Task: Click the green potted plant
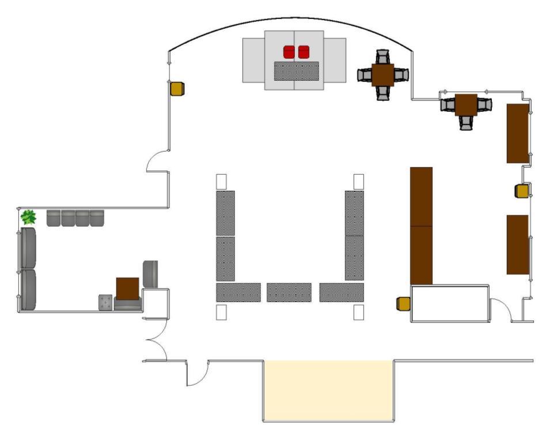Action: pos(28,217)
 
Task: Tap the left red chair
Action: pos(289,52)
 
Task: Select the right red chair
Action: pos(304,52)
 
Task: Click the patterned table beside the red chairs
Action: pos(297,71)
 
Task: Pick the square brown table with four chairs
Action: pos(382,75)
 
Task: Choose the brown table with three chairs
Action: pos(466,104)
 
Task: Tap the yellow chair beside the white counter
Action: pos(403,303)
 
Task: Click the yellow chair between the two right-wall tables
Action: pos(522,191)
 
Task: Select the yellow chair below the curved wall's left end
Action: pos(177,89)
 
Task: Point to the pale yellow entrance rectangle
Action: pos(328,389)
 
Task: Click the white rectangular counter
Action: pos(449,303)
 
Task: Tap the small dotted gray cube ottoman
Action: pos(105,302)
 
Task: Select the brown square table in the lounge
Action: pos(127,288)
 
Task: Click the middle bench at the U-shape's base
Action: pos(289,292)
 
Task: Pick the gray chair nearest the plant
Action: pos(54,218)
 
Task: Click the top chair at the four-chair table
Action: pos(382,57)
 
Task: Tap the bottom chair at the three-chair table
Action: pos(467,123)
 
